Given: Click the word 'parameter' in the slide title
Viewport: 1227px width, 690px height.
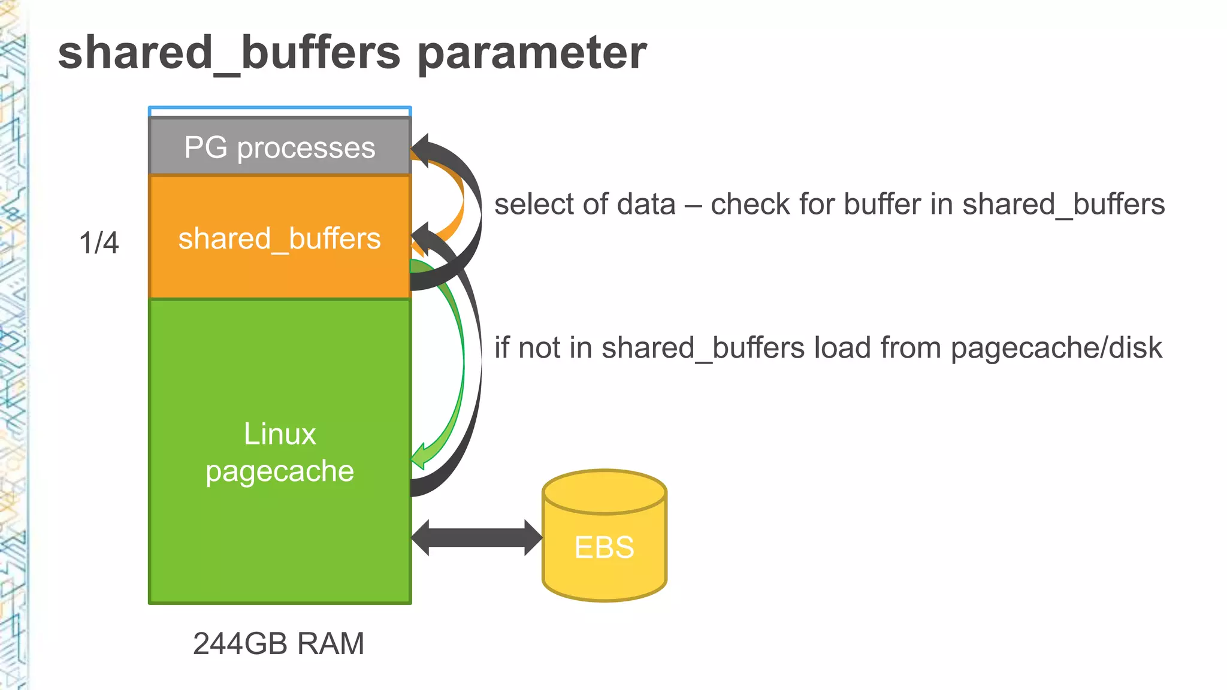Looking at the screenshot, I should (531, 53).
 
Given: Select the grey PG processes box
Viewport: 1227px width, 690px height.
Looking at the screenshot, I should (279, 147).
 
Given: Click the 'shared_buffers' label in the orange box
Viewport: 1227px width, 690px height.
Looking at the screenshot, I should (279, 238).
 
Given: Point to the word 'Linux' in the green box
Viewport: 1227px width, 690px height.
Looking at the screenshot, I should (279, 434).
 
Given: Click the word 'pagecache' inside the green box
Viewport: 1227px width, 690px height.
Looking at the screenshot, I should (279, 471).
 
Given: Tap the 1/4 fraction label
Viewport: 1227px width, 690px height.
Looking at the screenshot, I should (99, 243).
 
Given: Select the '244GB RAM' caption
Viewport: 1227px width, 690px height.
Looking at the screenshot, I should (279, 644).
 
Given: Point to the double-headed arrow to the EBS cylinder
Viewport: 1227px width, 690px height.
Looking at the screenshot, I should (476, 537).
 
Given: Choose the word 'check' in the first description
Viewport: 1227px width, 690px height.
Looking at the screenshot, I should (750, 204).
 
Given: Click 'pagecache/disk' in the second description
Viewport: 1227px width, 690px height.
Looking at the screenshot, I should (1056, 348).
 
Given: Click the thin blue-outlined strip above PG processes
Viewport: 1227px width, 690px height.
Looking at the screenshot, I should (279, 111).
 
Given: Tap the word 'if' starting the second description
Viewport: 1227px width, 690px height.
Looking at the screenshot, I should (501, 348).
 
